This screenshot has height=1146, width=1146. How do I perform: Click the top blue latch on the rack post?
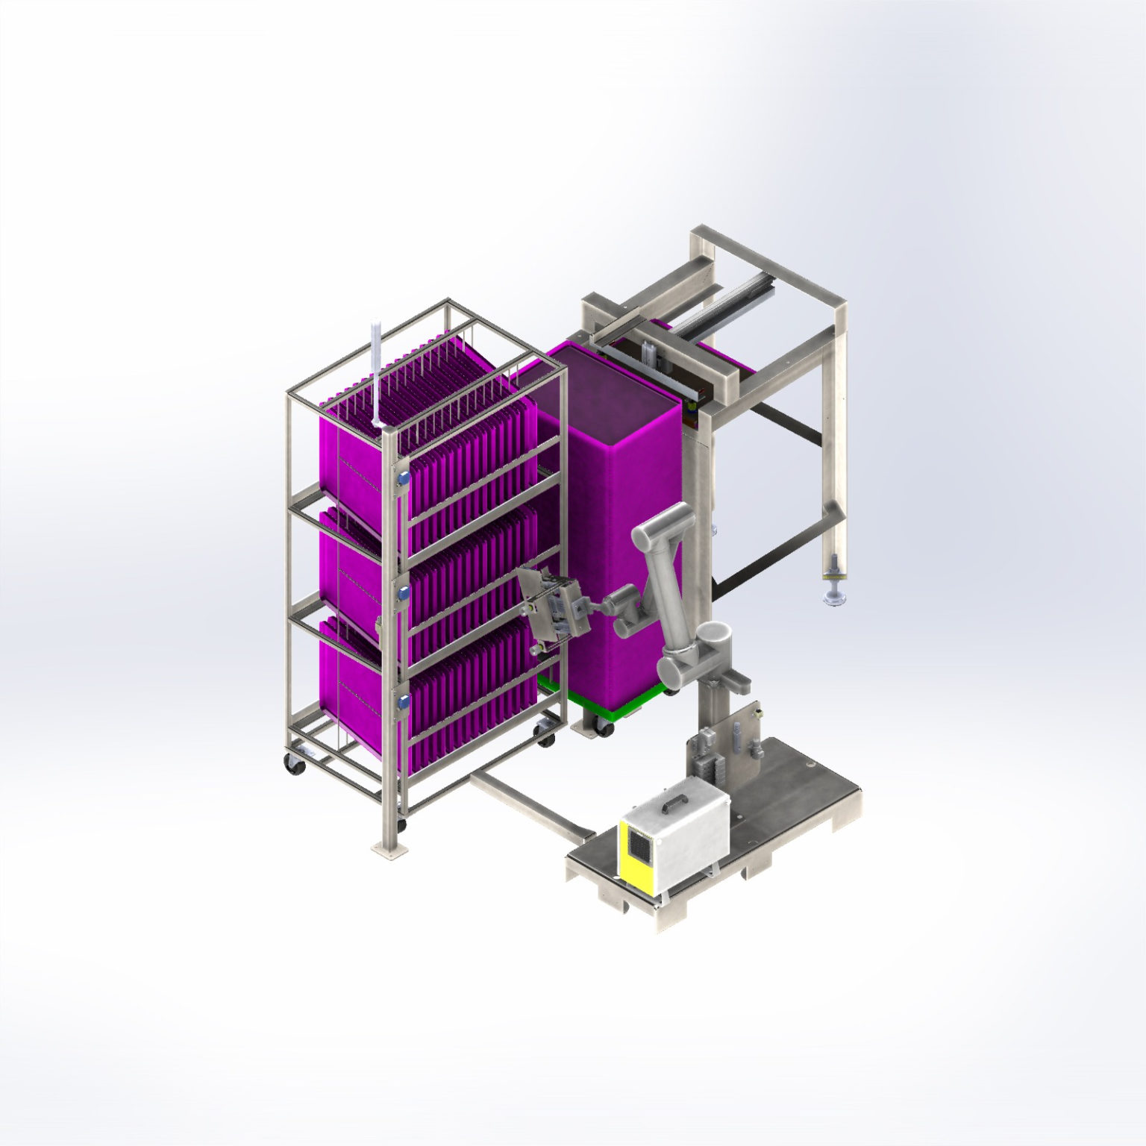click(x=403, y=477)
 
